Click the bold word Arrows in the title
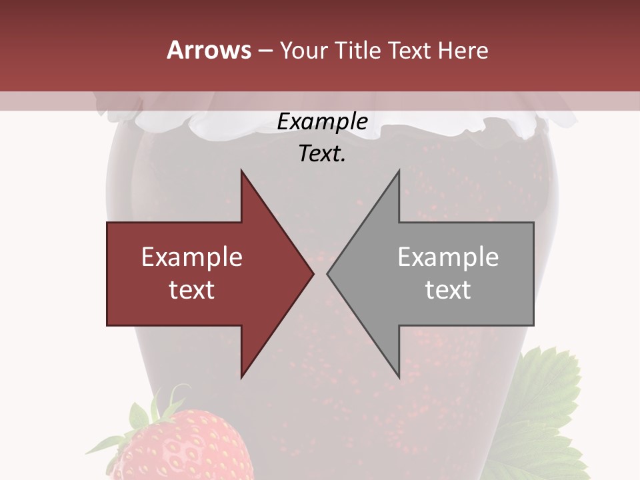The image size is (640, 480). pos(209,50)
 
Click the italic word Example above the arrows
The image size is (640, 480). pos(323,122)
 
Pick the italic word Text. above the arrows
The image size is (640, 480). pos(323,154)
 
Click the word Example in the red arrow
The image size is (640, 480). pos(192,257)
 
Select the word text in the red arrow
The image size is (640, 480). pos(192,290)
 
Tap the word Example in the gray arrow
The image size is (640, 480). pos(448,257)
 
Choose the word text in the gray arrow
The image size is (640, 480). pos(448,290)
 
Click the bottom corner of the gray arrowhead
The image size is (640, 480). pos(399,377)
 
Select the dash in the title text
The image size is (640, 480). pos(265,51)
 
